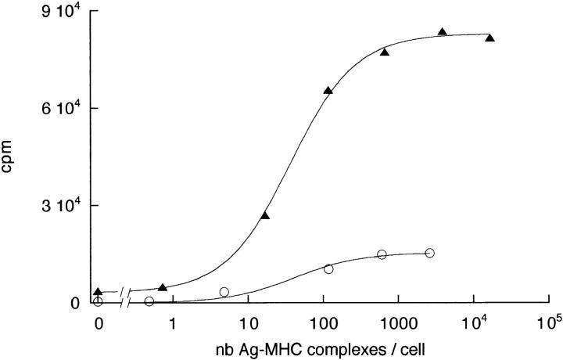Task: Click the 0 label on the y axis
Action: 74,304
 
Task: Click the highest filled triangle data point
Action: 443,32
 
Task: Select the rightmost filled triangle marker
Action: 489,38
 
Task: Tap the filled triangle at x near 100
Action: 328,91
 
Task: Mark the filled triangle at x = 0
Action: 97,292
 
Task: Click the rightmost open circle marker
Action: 429,253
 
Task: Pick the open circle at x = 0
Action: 97,301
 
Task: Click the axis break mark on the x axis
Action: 124,303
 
